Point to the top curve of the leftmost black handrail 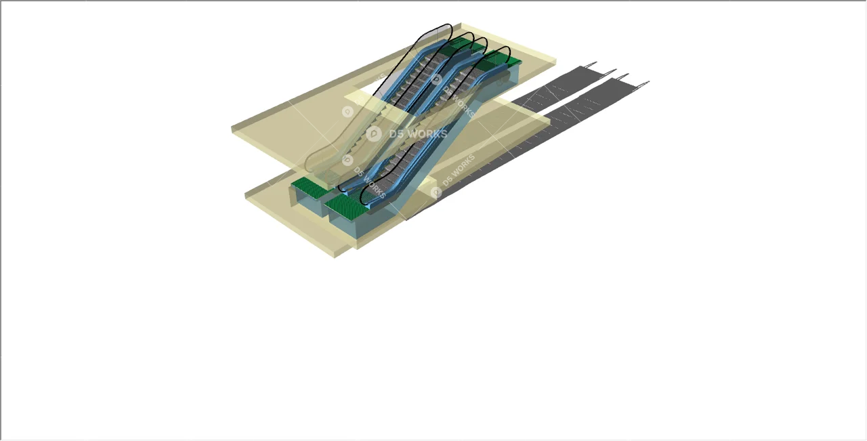tap(440, 27)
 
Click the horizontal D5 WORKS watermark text tap(418, 134)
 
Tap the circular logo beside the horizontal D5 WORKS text tap(373, 134)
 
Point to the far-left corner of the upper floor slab tap(233, 128)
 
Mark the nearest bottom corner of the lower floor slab tap(356, 247)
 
